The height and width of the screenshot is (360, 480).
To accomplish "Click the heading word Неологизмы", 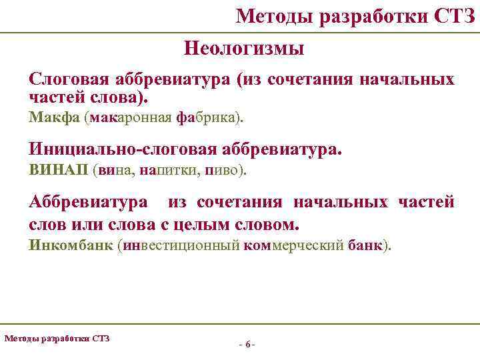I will pos(243,49).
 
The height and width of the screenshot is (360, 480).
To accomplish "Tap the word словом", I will pos(274,222).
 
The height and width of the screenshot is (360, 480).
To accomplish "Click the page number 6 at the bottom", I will pos(247,345).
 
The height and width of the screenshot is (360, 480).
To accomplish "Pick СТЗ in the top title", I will pos(453,15).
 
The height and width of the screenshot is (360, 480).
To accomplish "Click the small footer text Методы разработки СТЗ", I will pos(57,338).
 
